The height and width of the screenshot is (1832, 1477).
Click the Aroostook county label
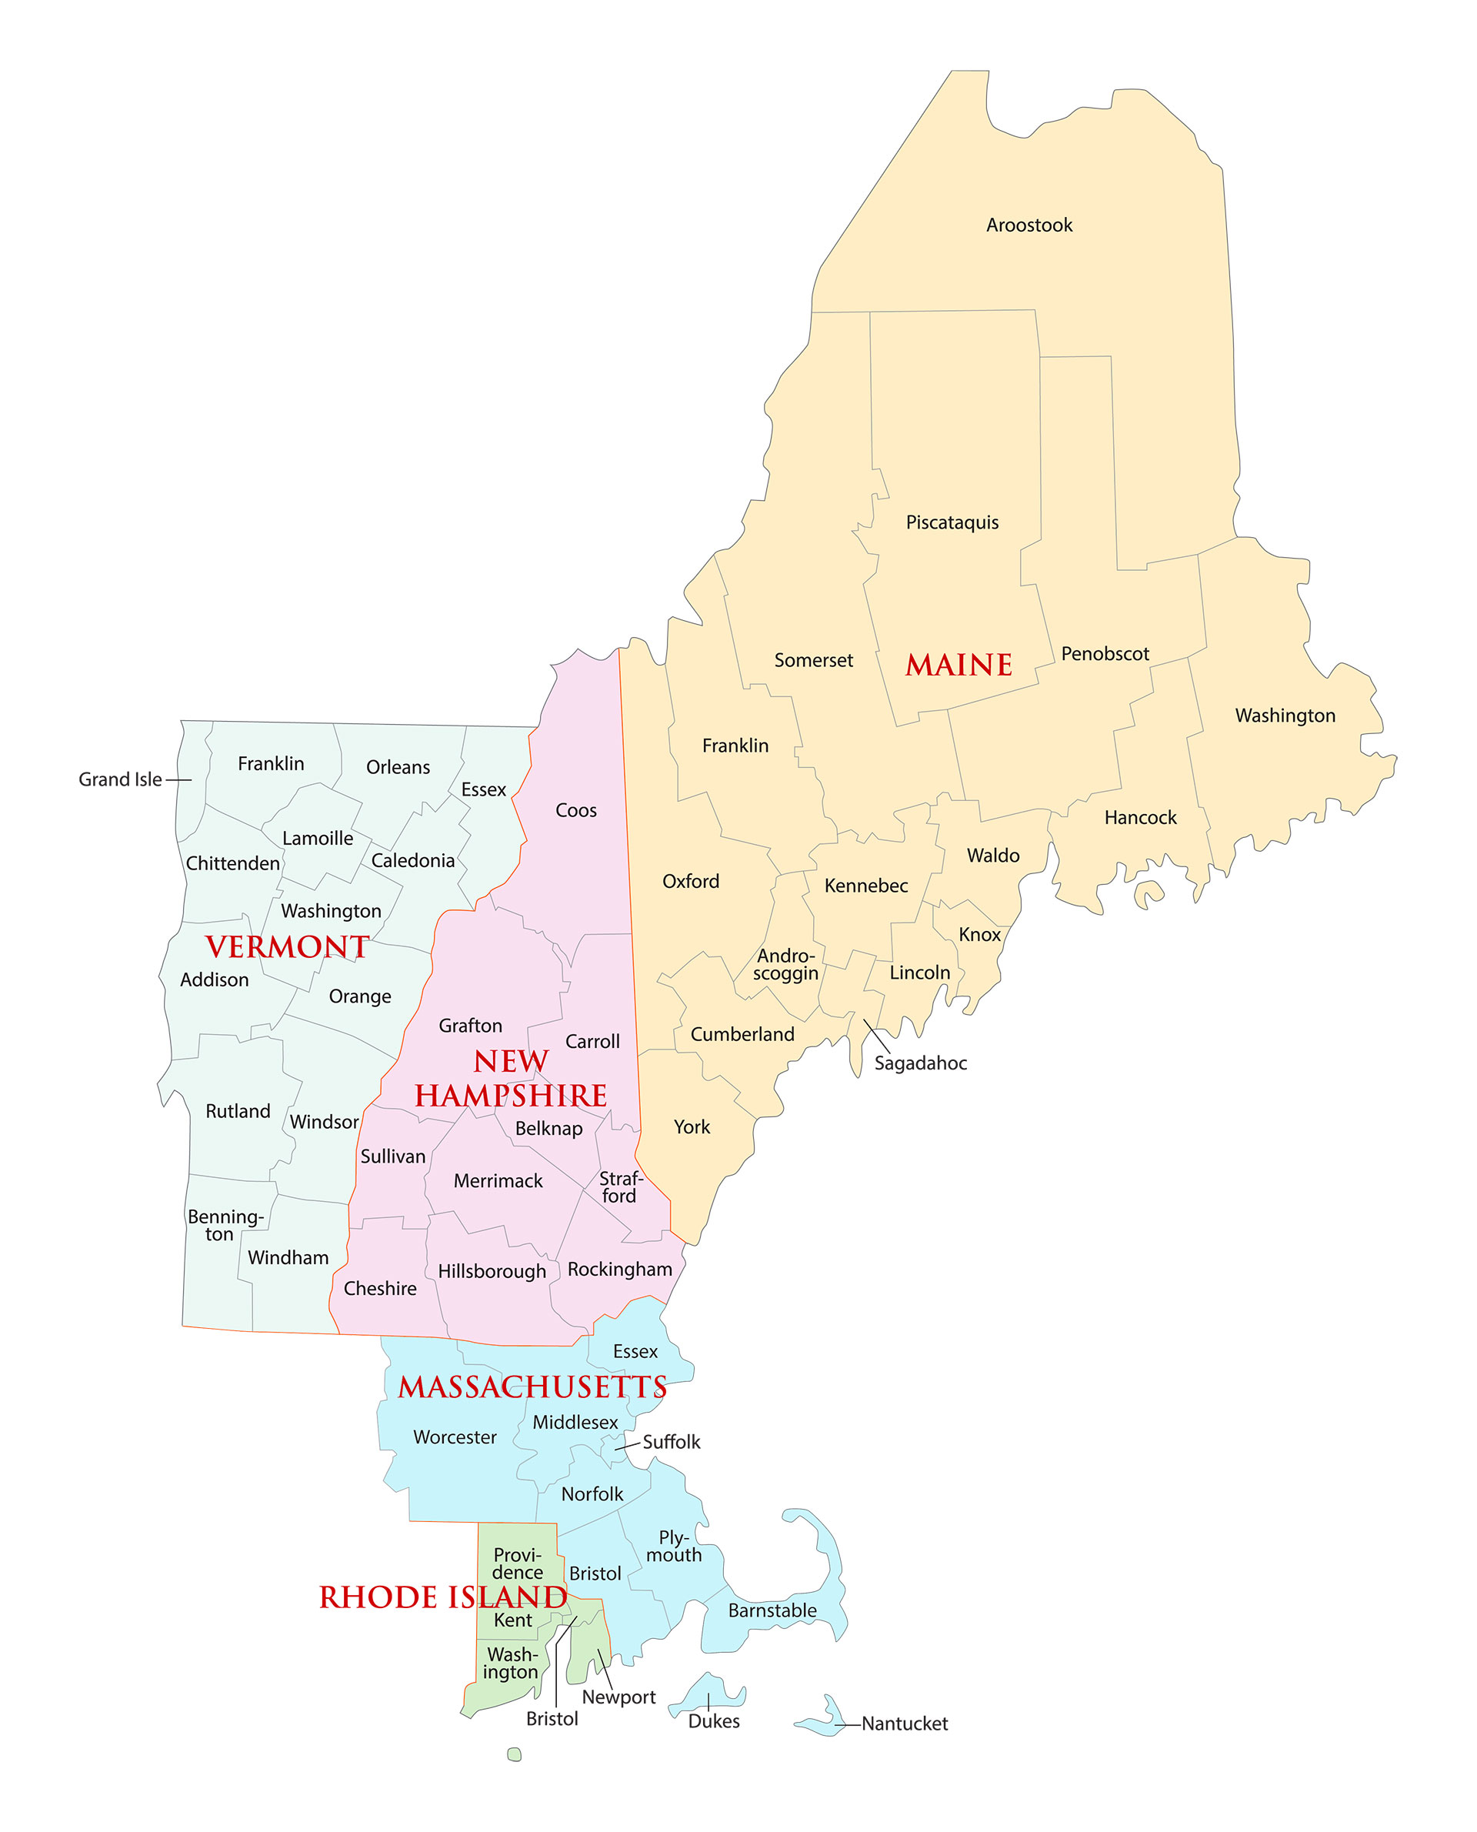click(1029, 225)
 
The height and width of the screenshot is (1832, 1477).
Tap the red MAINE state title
click(958, 665)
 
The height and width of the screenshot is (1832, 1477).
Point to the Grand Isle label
click(120, 779)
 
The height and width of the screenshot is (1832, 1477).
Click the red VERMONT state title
click(287, 947)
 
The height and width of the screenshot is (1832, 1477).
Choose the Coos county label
click(575, 811)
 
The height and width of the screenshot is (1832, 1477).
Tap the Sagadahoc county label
click(920, 1063)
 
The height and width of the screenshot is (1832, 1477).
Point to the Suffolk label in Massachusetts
click(671, 1442)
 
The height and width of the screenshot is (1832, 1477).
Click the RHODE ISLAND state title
click(442, 1598)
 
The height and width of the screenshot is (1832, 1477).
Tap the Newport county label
click(618, 1697)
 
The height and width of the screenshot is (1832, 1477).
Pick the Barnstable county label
click(772, 1610)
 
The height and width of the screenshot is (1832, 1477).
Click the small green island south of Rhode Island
click(514, 1754)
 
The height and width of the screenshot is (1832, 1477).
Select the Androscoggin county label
click(785, 965)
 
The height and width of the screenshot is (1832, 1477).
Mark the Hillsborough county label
click(491, 1271)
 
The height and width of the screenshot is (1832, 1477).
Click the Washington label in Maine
click(1284, 716)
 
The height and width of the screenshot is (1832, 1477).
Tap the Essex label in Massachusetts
click(635, 1351)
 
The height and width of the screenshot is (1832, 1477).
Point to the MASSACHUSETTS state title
click(532, 1388)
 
